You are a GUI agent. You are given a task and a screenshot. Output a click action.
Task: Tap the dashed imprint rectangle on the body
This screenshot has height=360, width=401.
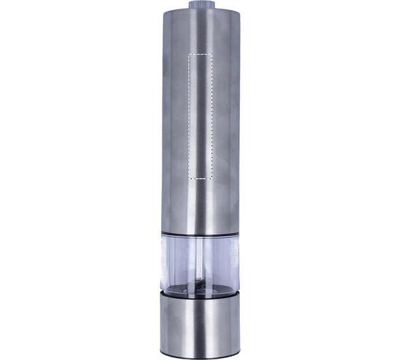point(201,115)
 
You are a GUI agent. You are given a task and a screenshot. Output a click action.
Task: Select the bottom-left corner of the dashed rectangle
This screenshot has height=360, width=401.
point(187,177)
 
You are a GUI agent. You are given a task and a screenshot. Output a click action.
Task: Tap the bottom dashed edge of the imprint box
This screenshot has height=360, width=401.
point(201,177)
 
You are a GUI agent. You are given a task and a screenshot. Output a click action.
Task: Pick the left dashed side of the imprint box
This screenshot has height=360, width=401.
point(187,115)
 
